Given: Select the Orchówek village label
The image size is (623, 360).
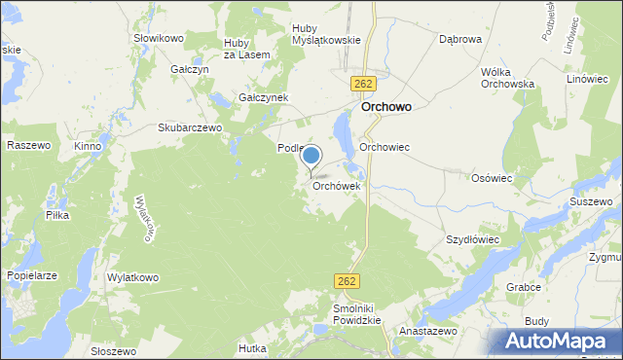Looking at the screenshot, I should click(x=337, y=186).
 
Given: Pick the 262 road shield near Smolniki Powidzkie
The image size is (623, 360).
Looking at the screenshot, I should click(x=348, y=280).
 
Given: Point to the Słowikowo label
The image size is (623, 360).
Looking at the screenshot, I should click(x=159, y=38).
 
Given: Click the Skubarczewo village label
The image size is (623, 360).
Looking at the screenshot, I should click(x=191, y=127).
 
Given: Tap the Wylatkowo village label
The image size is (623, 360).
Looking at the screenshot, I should click(x=133, y=277).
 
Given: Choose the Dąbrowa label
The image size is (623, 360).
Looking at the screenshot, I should click(x=460, y=40).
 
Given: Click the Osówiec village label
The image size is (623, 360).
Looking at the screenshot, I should click(x=492, y=178).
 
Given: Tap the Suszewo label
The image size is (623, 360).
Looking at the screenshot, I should click(x=591, y=201).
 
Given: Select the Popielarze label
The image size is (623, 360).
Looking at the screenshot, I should click(x=32, y=275).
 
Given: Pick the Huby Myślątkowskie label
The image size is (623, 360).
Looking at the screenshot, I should click(x=327, y=34).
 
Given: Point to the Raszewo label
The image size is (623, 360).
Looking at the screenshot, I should click(x=28, y=145).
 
